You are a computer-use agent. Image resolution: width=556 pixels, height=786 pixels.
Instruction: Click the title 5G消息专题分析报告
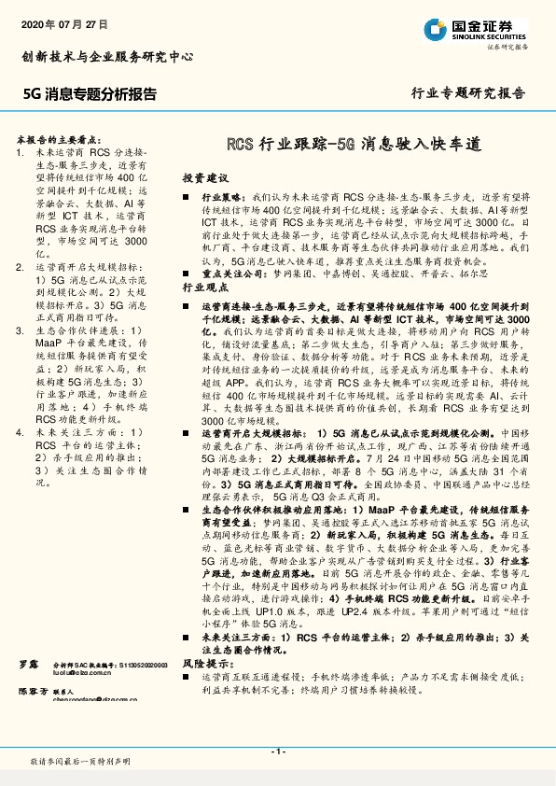coord(90,94)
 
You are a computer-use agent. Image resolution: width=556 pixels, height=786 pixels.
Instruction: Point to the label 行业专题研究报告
coord(467,94)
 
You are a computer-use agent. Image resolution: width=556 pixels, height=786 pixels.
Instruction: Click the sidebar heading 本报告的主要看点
coord(65,136)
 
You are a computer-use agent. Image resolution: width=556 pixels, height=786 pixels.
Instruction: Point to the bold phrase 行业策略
coord(220,200)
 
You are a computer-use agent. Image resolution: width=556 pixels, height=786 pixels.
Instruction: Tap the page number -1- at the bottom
coord(277,751)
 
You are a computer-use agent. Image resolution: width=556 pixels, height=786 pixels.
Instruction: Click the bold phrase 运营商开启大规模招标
coord(251,408)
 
